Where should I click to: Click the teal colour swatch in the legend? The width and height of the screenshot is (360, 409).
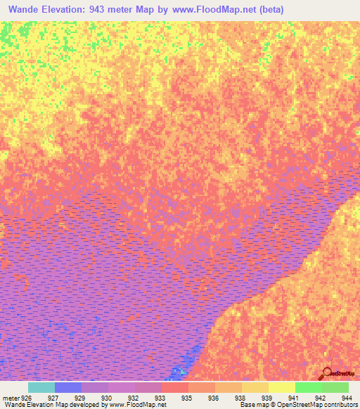[x=41, y=387]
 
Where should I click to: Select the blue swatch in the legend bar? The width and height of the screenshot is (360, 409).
[x=68, y=387]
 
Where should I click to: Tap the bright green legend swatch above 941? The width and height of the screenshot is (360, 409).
[x=309, y=387]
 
